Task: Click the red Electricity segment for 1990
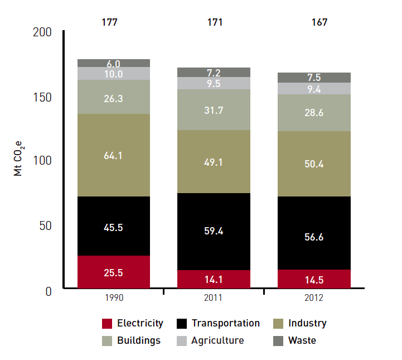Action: tap(114, 272)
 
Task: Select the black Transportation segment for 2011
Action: tap(214, 231)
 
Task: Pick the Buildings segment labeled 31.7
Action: tap(214, 110)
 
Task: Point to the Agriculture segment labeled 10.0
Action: tap(114, 74)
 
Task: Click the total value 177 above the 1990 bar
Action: tap(110, 23)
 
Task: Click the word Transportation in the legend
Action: tap(226, 324)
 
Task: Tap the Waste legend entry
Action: tap(302, 340)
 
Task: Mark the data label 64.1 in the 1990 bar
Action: tap(114, 156)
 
